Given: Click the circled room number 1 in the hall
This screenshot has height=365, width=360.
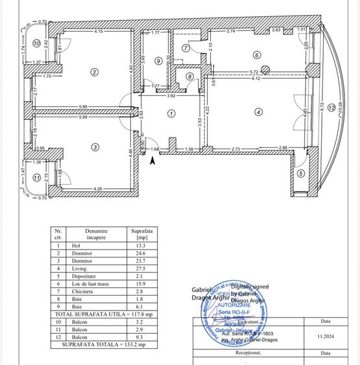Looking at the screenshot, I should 171,113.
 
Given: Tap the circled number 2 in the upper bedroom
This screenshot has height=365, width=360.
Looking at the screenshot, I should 95,72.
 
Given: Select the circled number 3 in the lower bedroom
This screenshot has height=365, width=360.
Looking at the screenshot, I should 95,147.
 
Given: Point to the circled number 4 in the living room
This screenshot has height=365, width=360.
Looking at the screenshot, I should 258,112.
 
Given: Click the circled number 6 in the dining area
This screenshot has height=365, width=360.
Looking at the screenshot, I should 257,55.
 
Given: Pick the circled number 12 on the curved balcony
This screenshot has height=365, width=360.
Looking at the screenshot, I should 331,107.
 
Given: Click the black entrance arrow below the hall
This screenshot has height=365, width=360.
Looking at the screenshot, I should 152,161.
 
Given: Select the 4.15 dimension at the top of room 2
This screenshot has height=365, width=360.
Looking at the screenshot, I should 99,31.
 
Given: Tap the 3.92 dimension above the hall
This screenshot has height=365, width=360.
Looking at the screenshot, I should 171,96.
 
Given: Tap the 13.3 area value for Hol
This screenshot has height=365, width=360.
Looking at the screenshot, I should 139,246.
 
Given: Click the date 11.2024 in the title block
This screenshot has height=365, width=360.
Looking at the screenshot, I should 325,336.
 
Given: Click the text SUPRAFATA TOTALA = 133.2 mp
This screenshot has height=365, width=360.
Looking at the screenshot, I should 103,344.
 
